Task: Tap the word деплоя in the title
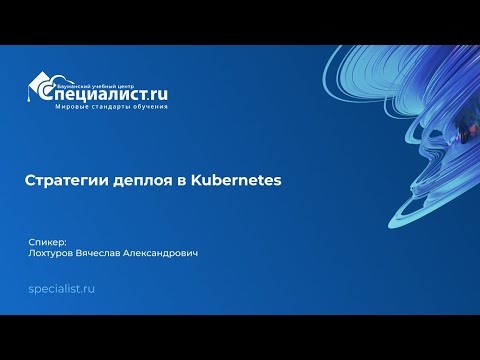click(126, 181)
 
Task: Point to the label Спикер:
click(47, 241)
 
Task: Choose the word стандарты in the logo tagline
click(105, 106)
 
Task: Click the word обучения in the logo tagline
click(145, 106)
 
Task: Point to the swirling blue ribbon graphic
click(400, 130)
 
